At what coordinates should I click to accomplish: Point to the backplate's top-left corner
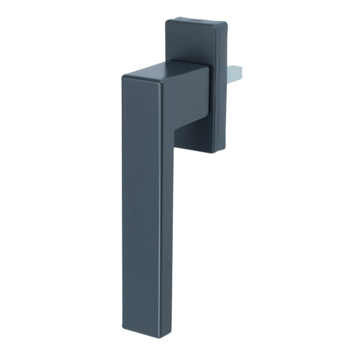click(169, 22)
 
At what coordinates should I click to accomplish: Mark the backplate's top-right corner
click(225, 24)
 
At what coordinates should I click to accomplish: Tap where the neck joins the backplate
click(208, 90)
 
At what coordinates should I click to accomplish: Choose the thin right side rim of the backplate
click(223, 90)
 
